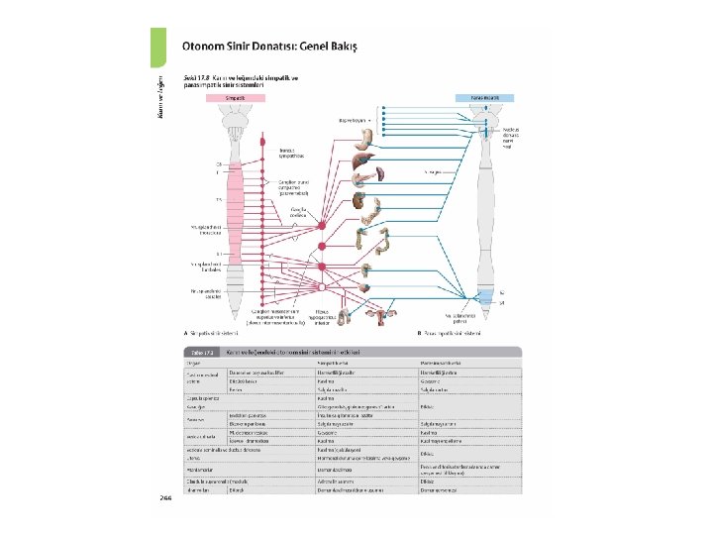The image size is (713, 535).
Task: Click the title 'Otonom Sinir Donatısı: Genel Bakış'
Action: pyautogui.click(x=268, y=46)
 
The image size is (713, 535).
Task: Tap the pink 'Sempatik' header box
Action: pyautogui.click(x=235, y=98)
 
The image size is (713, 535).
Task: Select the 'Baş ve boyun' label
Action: pyautogui.click(x=354, y=119)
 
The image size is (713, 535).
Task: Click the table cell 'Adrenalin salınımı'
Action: pyautogui.click(x=338, y=481)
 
